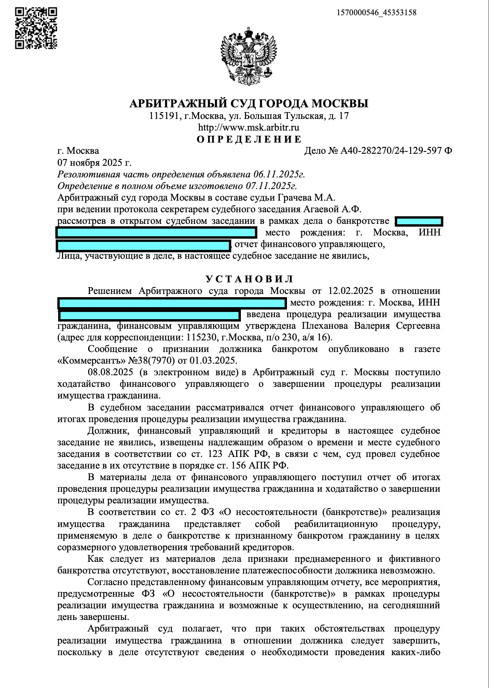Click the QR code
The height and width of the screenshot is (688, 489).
tap(36, 28)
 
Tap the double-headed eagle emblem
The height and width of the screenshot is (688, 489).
tap(249, 56)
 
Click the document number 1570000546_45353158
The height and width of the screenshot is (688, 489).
tap(376, 12)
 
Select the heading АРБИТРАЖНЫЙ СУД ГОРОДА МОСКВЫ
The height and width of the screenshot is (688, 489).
tap(249, 104)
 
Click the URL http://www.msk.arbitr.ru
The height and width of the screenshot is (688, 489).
tap(249, 128)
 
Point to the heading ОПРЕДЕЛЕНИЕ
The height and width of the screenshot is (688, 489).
tap(249, 139)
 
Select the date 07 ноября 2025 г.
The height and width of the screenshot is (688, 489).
tap(94, 163)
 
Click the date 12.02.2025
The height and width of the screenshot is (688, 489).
tap(351, 291)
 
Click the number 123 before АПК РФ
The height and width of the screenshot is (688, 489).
tap(216, 454)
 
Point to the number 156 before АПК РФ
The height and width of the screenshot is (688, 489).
tap(239, 465)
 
